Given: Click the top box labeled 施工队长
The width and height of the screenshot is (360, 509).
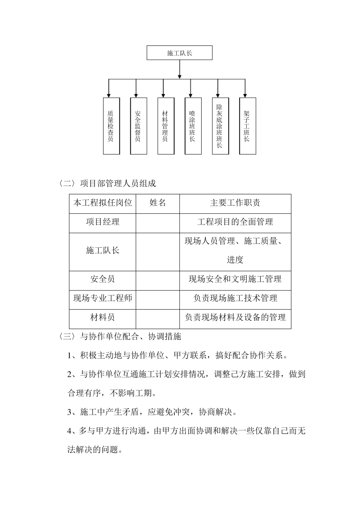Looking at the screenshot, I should [179, 53].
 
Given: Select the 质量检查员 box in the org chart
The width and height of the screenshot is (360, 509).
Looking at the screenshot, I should [111, 126].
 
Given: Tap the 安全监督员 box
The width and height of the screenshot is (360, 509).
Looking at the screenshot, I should [138, 126].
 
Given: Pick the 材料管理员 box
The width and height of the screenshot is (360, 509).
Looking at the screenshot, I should [166, 126].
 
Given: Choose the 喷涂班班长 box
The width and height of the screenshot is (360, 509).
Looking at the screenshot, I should [193, 126].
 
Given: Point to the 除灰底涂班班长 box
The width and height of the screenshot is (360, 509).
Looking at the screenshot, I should [220, 126].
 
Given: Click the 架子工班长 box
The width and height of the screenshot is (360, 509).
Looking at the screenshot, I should [247, 126].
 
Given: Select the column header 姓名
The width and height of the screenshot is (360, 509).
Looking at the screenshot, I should [158, 203].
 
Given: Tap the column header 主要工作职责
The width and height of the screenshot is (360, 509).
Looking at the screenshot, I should [235, 203].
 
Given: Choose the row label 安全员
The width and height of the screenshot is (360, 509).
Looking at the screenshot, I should [103, 279].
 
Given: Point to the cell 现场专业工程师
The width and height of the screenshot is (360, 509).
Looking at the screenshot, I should [103, 298].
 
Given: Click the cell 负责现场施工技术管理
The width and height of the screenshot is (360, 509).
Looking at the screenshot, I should [235, 298].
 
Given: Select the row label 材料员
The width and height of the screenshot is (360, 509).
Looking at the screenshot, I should [103, 317].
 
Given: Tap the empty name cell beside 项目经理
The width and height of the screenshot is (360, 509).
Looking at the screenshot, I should [158, 223].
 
